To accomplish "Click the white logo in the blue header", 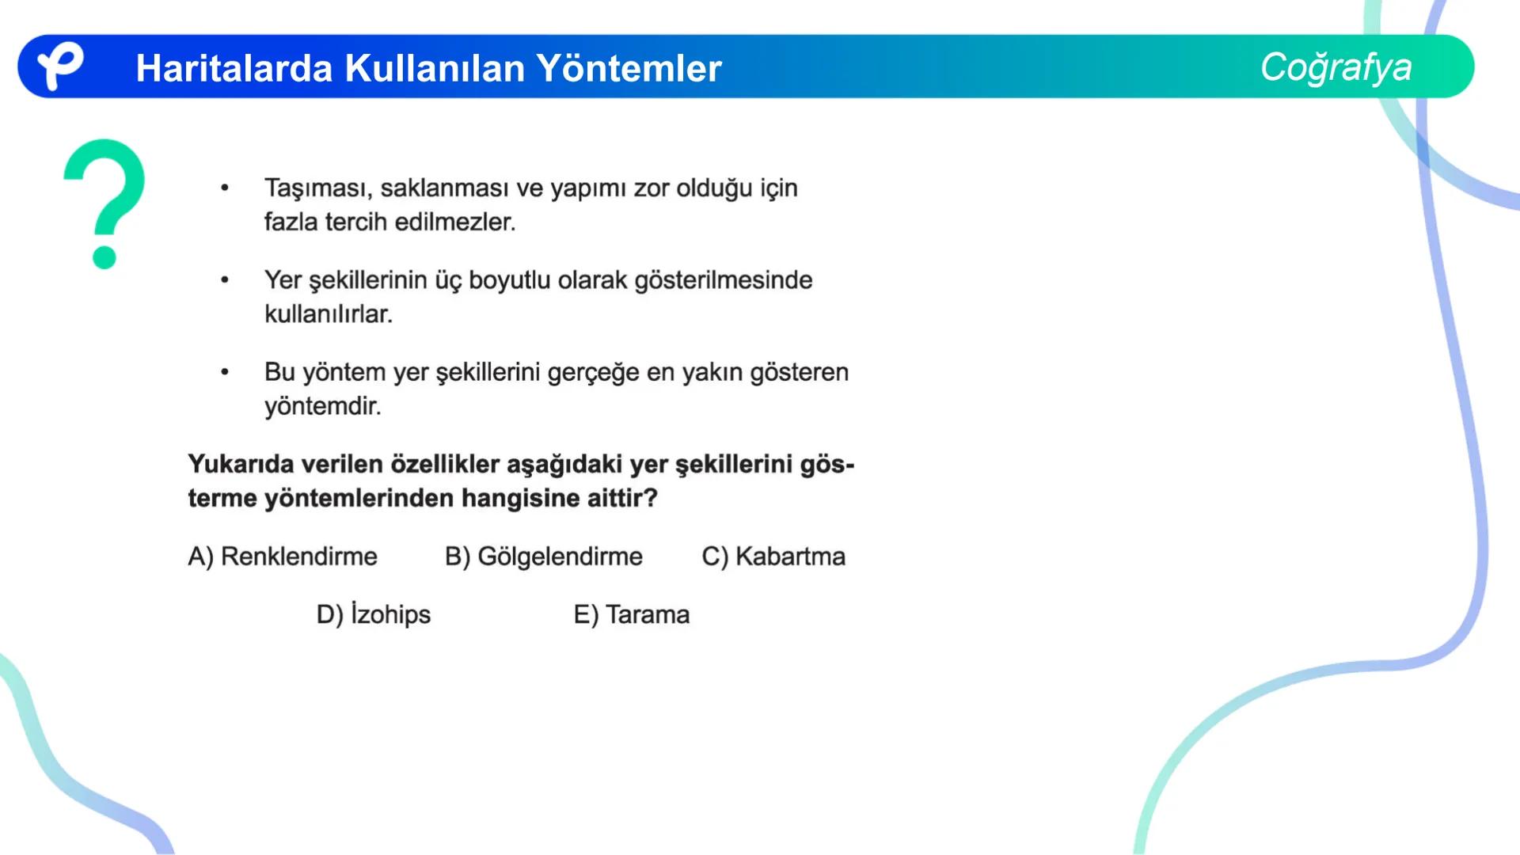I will (x=60, y=66).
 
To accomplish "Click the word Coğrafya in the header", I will (x=1336, y=67).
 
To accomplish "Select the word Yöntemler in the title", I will (x=629, y=68).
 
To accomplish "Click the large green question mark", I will (x=104, y=203).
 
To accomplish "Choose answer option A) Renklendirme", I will (x=283, y=557).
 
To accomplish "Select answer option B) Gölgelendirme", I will (x=543, y=557).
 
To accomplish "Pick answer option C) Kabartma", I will (x=773, y=557).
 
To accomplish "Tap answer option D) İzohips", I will (x=373, y=614).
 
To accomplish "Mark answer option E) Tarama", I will (x=631, y=614).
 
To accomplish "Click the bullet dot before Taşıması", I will (x=225, y=188).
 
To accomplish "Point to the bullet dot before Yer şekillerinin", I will (x=225, y=280).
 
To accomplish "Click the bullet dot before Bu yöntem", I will (x=225, y=372).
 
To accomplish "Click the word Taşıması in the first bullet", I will (x=317, y=188).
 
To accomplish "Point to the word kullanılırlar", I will (x=328, y=314).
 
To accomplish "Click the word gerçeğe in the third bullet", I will (x=593, y=372).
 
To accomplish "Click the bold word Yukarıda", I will (x=241, y=464).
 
